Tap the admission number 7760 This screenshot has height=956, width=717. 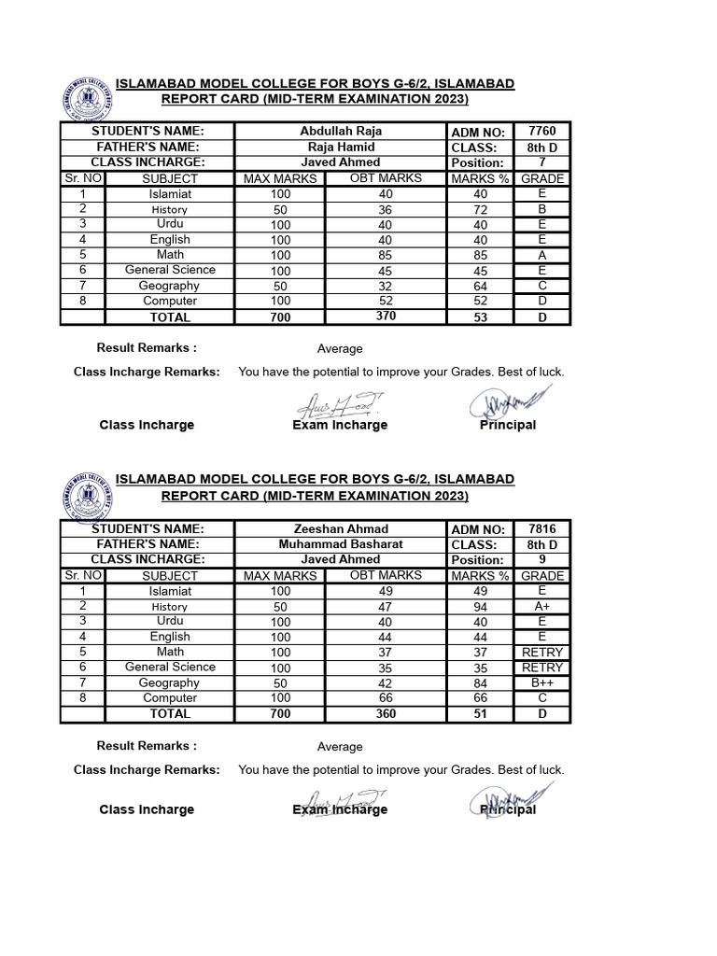click(541, 131)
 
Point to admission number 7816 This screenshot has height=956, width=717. click(541, 528)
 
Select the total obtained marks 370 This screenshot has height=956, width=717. click(386, 316)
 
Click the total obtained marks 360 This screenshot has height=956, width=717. click(386, 713)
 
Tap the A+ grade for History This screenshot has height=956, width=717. click(541, 606)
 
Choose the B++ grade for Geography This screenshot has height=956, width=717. click(541, 682)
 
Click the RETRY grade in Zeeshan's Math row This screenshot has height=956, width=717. click(541, 652)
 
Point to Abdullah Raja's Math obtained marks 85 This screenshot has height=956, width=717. click(386, 255)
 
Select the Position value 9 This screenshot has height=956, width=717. click(541, 559)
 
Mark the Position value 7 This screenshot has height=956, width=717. click(541, 162)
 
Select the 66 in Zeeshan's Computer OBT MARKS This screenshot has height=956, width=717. click(386, 698)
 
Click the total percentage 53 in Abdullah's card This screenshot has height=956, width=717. click(481, 317)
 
